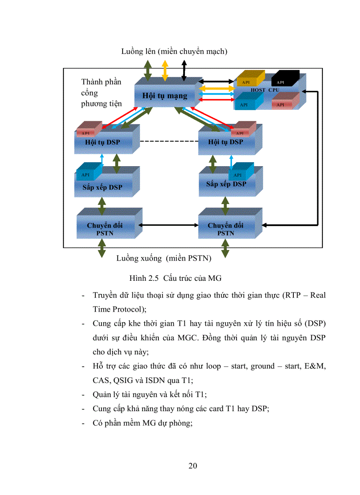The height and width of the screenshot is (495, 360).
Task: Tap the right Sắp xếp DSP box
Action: point(226,184)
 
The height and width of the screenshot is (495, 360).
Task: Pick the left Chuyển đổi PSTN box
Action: point(105,228)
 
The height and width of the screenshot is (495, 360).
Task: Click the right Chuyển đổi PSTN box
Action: point(225,228)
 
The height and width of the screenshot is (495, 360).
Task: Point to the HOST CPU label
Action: point(265,90)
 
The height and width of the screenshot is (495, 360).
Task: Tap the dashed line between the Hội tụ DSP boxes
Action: point(169,142)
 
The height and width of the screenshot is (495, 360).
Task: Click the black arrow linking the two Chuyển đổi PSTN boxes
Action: point(169,225)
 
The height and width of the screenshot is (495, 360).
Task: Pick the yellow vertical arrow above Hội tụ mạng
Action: point(165,68)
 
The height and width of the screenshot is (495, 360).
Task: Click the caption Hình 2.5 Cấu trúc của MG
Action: point(175,278)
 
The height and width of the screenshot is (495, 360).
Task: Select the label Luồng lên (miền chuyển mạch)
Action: point(174,52)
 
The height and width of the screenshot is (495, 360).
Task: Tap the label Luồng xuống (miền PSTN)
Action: point(164,258)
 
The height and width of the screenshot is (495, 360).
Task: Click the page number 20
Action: point(193,466)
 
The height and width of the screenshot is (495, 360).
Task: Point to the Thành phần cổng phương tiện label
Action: point(101,93)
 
